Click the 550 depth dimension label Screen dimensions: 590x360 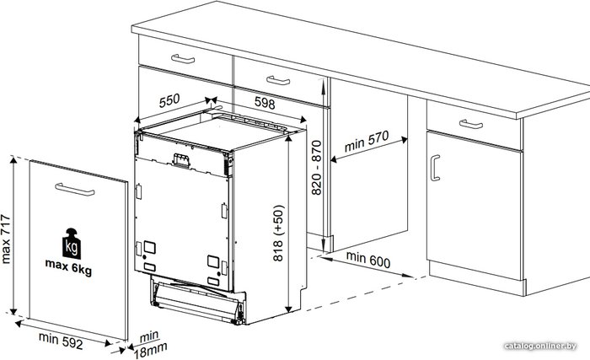point(169,100)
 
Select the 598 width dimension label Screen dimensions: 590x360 point(265,103)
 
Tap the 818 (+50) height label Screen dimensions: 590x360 point(278,233)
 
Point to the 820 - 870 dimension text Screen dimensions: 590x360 point(317,168)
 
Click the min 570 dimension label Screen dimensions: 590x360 point(367,141)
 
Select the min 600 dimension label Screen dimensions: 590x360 point(368,260)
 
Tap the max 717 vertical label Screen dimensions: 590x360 point(6,239)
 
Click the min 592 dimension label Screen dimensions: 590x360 point(61,341)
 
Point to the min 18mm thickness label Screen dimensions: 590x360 point(150,345)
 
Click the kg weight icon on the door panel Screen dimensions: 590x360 point(72,244)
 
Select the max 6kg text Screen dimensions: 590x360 point(68,267)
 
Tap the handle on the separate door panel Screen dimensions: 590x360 point(75,190)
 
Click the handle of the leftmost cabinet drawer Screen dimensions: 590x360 point(183,59)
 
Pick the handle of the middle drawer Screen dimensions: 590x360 point(278,80)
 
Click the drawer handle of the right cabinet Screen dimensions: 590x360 point(471,124)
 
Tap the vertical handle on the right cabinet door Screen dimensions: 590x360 point(435,168)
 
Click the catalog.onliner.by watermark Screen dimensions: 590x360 point(540,346)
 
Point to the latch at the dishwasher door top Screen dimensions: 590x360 point(181,159)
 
